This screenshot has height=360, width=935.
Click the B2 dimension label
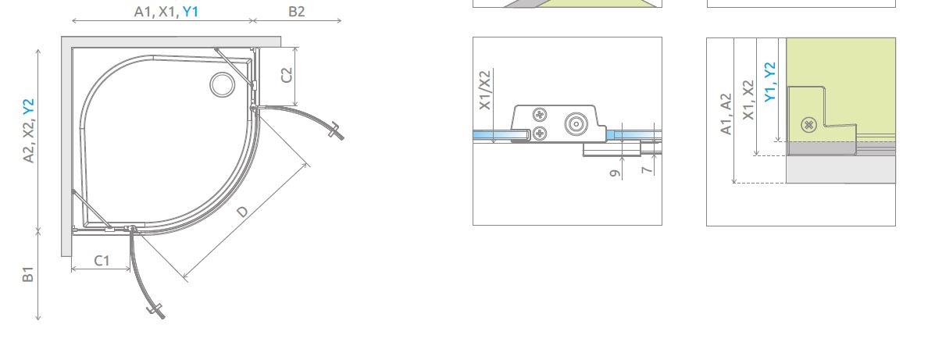pos(296,12)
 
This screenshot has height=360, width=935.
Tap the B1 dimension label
pos(27,275)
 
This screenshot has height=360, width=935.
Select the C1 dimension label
pos(102,261)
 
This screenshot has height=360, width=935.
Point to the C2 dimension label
pos(287,75)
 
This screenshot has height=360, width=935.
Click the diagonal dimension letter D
pos(242,212)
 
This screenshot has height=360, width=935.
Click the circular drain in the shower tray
pos(223,84)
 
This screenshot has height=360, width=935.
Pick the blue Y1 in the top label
pos(191,12)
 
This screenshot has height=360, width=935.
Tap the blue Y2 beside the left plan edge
pos(28,107)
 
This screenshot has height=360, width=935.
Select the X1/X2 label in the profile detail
pos(485,90)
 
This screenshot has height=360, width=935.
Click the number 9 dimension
pos(616,173)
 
